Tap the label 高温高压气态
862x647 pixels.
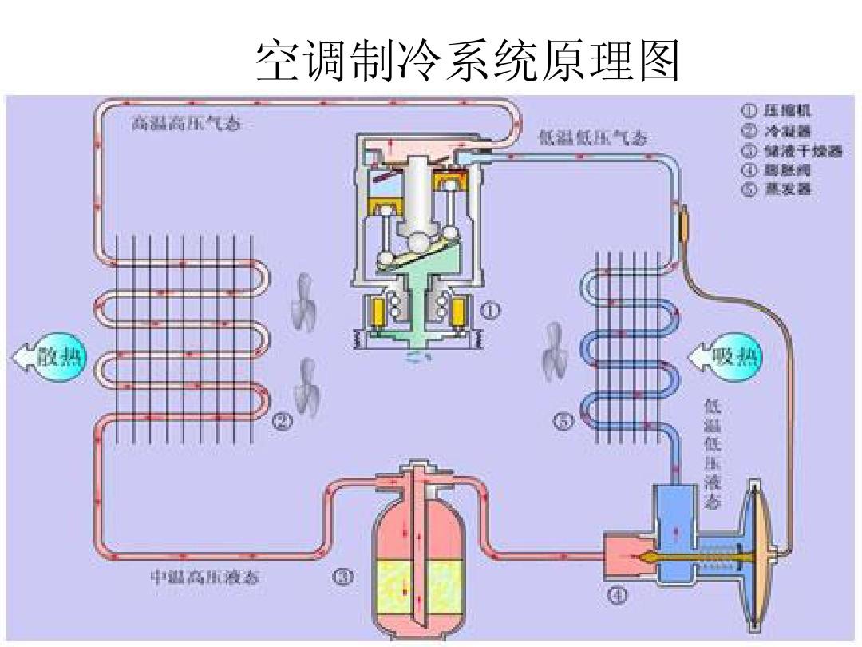click(x=186, y=125)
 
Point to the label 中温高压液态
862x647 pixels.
click(x=205, y=577)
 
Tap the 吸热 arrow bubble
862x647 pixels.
click(x=726, y=357)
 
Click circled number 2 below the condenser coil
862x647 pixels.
click(x=283, y=422)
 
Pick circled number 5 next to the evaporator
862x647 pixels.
click(x=564, y=422)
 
